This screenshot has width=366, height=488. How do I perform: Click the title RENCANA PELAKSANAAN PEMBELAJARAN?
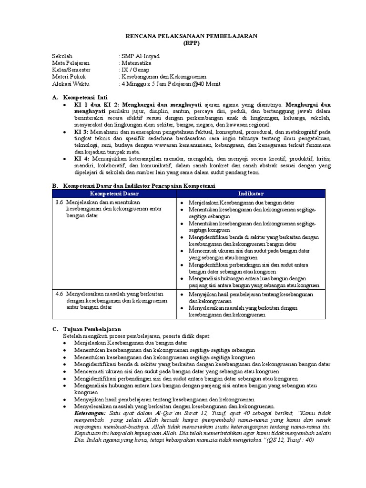(184, 36)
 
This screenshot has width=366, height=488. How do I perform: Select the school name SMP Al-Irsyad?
(141, 56)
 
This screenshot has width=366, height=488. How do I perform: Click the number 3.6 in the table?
(59, 203)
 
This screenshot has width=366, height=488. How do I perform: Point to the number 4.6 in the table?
(59, 294)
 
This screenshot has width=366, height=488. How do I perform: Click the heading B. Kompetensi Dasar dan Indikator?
(133, 185)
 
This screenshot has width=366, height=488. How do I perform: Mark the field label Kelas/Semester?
(71, 70)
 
